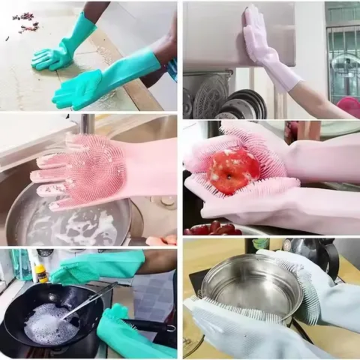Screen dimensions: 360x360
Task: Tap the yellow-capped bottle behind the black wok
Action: click(40, 272)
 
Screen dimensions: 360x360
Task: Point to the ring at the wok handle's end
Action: click(171, 328)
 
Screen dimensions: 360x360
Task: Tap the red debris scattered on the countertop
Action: click(25, 22)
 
